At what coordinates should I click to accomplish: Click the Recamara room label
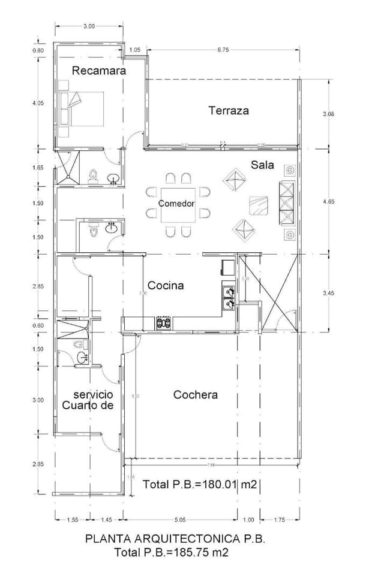(99, 71)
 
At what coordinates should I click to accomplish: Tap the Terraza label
(229, 110)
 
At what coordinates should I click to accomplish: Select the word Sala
(263, 165)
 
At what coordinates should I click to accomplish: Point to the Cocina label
(166, 286)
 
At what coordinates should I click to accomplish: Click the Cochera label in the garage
(196, 395)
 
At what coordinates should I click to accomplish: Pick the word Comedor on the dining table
(176, 204)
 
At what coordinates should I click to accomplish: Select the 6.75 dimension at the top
(223, 50)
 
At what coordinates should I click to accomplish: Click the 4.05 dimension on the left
(38, 103)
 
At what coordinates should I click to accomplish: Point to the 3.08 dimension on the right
(328, 113)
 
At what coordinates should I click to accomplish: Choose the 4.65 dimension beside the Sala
(328, 202)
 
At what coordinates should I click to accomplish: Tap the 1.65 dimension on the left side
(38, 168)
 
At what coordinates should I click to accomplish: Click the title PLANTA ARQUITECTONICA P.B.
(175, 539)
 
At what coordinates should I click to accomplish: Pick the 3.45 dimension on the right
(328, 294)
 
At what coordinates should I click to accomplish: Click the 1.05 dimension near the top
(135, 50)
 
